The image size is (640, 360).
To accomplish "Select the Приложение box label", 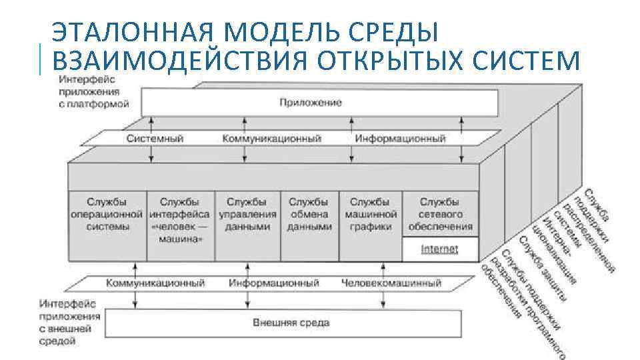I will [311, 102].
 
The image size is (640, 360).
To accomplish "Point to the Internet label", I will [439, 249].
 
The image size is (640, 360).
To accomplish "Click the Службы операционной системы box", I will [107, 213].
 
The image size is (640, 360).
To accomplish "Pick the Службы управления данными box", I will [247, 213].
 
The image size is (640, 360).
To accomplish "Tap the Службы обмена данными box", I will [309, 213].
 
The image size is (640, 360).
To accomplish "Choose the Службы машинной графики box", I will [370, 213].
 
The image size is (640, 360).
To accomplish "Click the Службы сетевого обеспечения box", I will [439, 213].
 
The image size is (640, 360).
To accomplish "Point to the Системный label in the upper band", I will [155, 139].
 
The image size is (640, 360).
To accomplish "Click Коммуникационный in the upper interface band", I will [271, 139].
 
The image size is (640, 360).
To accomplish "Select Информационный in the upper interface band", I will [400, 139].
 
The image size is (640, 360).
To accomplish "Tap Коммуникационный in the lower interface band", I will [155, 283].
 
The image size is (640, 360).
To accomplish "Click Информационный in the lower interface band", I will [273, 283].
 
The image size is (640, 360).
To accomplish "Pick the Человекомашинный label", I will [391, 283].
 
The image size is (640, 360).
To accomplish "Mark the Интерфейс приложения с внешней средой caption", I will [69, 321].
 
